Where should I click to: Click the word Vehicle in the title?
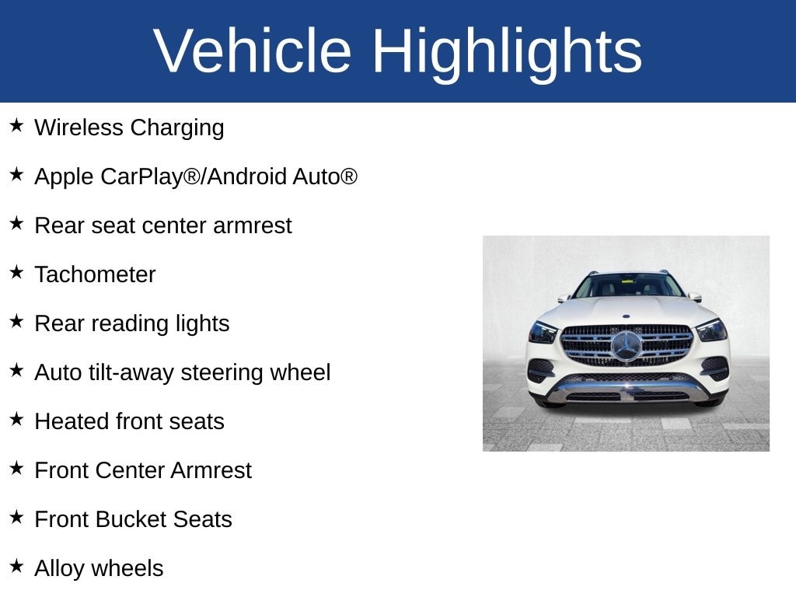point(253,51)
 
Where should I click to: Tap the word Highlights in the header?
point(508,54)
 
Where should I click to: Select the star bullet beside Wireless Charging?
point(17,125)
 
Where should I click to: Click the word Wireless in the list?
point(79,127)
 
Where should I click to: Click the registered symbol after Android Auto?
point(349,176)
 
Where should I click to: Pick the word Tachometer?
point(95,274)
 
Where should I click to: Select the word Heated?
point(72,421)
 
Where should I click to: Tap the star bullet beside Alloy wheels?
point(17,566)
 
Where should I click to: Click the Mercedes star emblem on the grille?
point(627,346)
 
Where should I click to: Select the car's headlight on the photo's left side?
point(543,333)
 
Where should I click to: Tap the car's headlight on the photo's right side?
point(711,330)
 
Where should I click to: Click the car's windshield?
point(628,285)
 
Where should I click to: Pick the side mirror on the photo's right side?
point(695,297)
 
